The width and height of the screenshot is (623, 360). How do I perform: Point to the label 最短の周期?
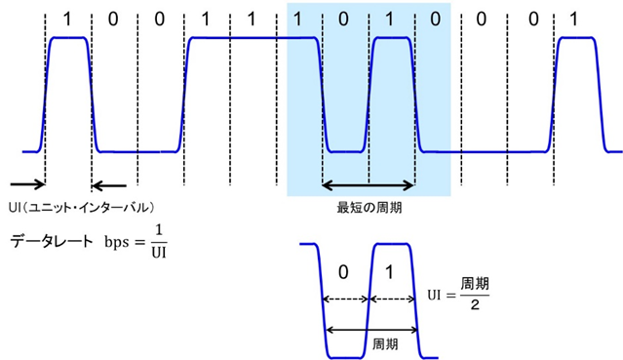coord(368,206)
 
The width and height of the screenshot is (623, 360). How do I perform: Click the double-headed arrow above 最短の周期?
coord(369,184)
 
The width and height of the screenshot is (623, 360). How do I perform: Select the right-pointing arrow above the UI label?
coord(27,183)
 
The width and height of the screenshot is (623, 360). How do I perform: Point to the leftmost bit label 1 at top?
coord(66,19)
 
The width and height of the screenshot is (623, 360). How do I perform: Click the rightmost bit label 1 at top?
coord(574,19)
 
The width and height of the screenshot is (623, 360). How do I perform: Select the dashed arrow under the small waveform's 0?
coord(346,300)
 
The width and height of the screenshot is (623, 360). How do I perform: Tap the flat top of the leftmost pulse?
coord(68,38)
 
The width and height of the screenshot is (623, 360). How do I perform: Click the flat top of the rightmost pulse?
coord(575,38)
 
